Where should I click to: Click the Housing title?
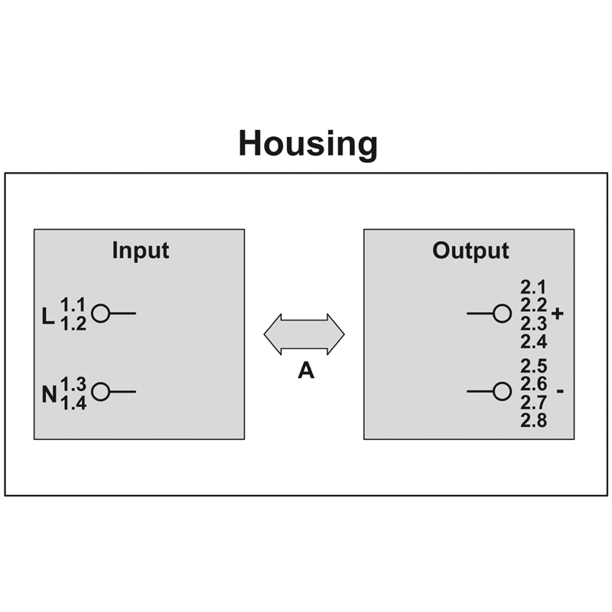coord(308,144)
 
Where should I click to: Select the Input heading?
coord(140,250)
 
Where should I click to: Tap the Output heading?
coord(470,250)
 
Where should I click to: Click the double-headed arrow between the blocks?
coord(304,334)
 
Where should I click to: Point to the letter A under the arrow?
coord(305,372)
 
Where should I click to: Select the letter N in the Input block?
coord(49,396)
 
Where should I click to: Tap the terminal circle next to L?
coord(99,313)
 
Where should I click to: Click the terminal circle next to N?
coord(99,392)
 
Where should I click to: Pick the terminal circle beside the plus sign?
coord(502,313)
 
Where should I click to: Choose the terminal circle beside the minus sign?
coord(502,392)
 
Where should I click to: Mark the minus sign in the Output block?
coord(560,392)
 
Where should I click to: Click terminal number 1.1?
coord(73,304)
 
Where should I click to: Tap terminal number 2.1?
coord(532,288)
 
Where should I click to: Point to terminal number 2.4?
coord(533,340)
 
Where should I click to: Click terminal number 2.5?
coord(533,366)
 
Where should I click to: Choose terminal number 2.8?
coord(533,419)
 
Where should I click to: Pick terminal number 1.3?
coord(73,383)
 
